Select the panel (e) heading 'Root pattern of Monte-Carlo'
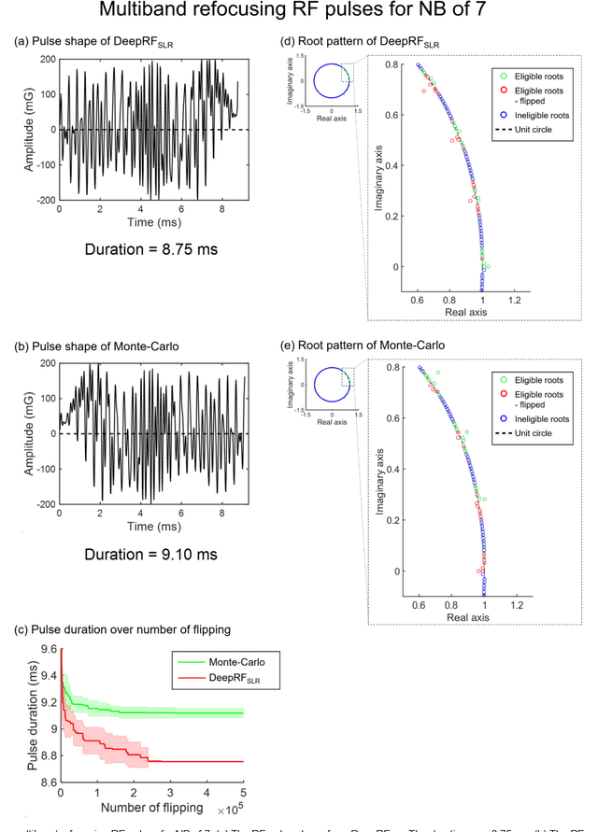point(357,346)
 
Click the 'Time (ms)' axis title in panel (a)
point(152,224)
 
